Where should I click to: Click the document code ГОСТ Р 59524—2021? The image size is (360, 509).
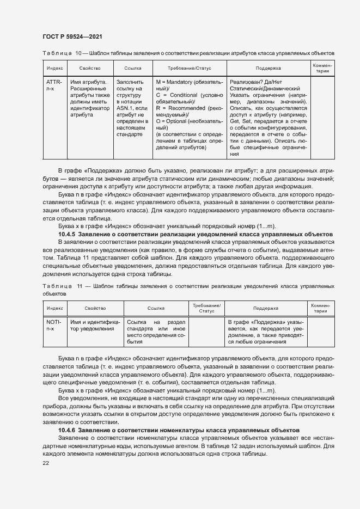(72, 36)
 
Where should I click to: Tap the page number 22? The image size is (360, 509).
(46, 463)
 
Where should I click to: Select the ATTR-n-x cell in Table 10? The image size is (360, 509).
(54, 85)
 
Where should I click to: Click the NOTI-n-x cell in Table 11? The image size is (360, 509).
(54, 326)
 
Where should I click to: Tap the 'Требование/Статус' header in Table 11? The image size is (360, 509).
(206, 308)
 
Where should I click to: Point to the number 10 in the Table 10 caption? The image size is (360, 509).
(78, 53)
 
